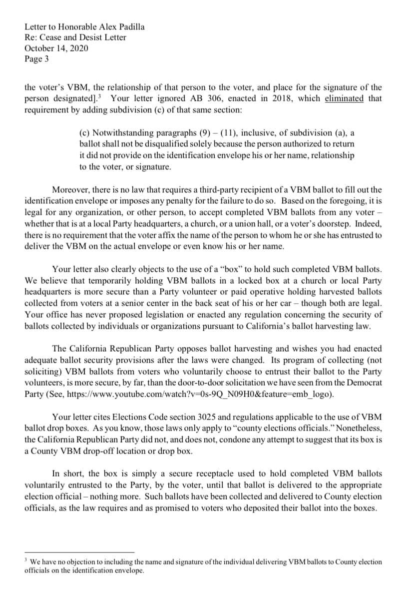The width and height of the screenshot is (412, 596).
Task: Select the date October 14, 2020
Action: (56, 48)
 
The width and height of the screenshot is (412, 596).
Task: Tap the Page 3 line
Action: (37, 59)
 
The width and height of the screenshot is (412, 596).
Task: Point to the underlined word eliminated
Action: (344, 98)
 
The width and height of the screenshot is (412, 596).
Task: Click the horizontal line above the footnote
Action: (79, 552)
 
